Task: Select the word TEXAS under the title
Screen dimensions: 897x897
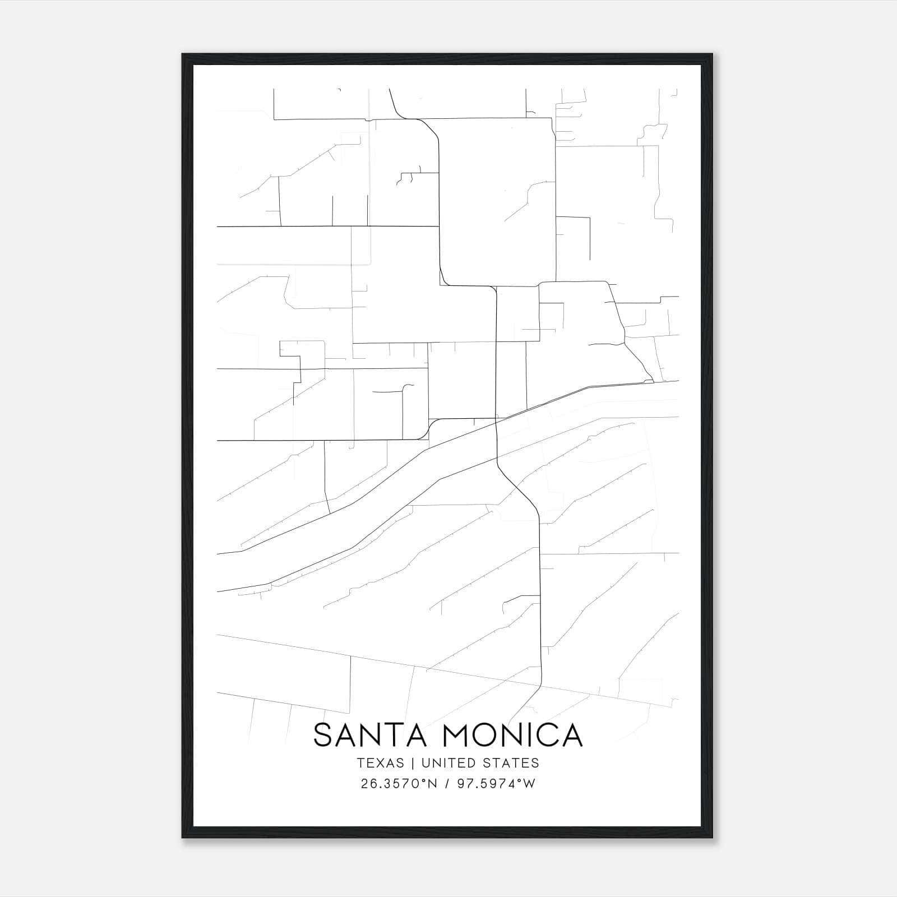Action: [x=380, y=763]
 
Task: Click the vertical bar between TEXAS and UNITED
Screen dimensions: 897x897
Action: [x=413, y=763]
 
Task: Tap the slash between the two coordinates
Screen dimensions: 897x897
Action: [x=448, y=784]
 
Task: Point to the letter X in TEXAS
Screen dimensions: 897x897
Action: [x=380, y=763]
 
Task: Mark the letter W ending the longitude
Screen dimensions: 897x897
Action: [x=530, y=784]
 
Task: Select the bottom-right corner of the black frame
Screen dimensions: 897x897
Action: [x=712, y=838]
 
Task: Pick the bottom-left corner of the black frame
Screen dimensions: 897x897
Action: [x=183, y=838]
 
